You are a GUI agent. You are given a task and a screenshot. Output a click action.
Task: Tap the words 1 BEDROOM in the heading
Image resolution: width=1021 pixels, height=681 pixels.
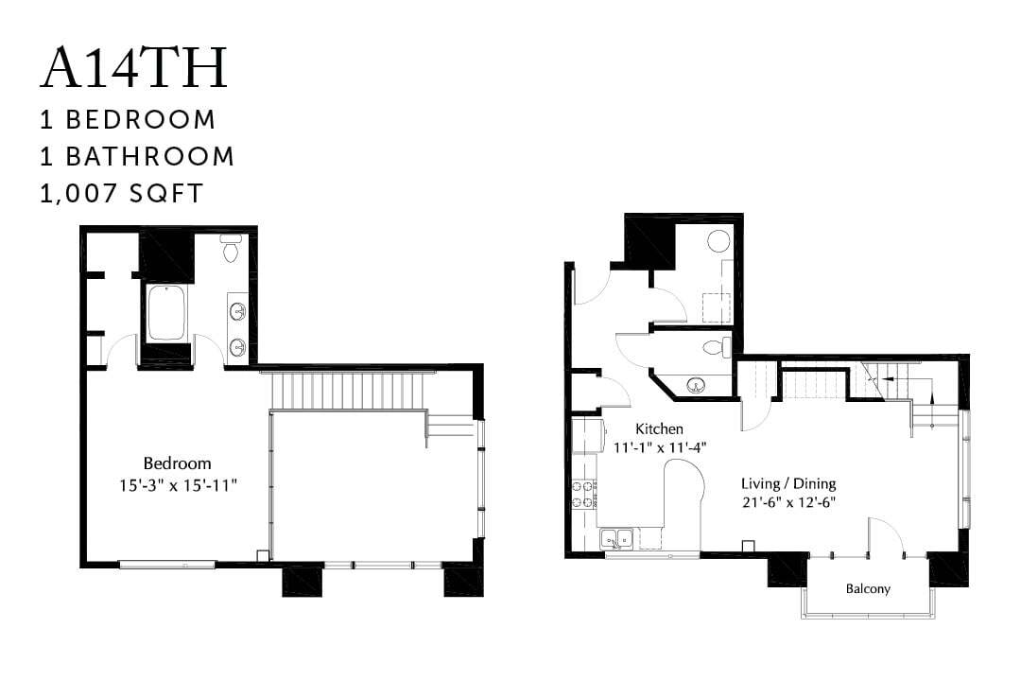point(128,120)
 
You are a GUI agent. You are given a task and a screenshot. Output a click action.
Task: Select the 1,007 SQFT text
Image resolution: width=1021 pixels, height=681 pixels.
point(121,193)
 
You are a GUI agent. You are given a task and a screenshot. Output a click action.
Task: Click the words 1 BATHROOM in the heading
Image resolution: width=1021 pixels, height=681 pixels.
point(137,156)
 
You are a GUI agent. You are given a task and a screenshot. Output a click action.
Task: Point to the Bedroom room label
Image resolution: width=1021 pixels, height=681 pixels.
point(177,463)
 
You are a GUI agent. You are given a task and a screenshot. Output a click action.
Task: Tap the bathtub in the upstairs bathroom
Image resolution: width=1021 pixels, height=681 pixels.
point(167,312)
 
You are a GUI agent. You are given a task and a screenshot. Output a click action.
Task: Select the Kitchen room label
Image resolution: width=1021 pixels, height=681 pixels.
point(659,428)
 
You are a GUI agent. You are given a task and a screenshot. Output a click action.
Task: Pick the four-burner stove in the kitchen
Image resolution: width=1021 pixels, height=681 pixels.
point(582,494)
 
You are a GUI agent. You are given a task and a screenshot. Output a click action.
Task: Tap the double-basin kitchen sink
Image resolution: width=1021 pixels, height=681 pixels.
point(616,539)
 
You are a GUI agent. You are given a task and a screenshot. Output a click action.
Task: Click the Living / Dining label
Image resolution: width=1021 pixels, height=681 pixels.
point(788,482)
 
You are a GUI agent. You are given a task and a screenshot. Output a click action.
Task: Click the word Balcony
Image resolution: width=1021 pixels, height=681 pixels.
point(867,588)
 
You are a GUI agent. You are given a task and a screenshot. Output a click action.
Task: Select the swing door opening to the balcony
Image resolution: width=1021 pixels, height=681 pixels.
point(886,536)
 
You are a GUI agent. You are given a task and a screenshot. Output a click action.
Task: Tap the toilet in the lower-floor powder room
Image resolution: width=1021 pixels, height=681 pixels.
point(718,346)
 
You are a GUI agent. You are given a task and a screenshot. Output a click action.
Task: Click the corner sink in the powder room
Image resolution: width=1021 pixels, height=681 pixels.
point(697,385)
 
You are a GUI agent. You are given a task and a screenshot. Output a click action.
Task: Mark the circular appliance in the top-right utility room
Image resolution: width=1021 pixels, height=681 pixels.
point(719,239)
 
